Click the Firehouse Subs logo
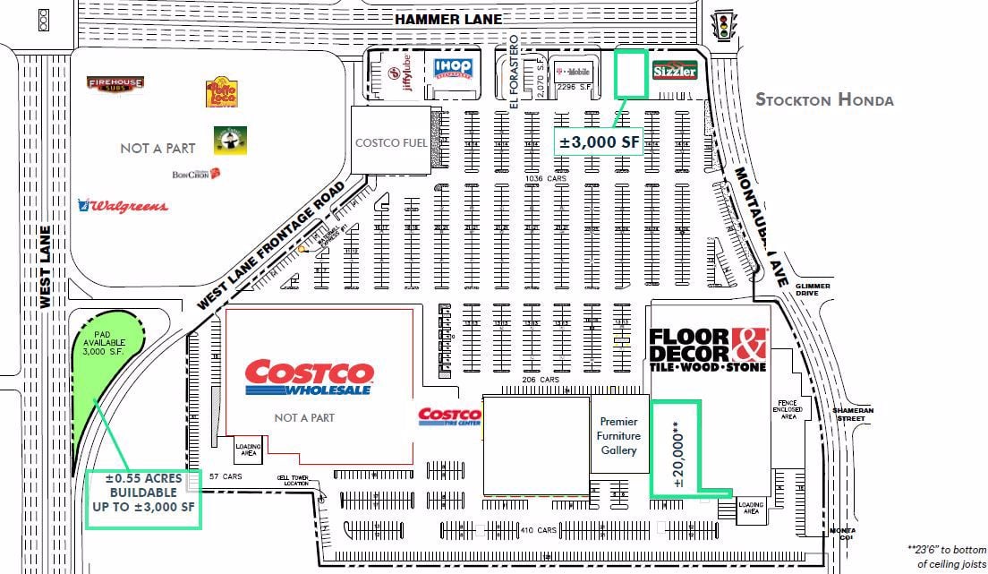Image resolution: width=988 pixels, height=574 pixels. [x=115, y=84]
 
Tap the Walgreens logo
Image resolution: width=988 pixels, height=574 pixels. [x=123, y=206]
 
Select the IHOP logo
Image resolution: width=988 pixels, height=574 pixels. [x=453, y=68]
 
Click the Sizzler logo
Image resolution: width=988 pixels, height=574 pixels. [x=674, y=70]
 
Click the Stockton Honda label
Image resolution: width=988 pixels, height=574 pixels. [x=824, y=99]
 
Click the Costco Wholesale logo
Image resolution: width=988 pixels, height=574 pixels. [x=309, y=378]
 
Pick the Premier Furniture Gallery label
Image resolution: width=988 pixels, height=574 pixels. [x=619, y=436]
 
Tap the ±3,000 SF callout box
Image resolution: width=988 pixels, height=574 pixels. [x=599, y=141]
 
